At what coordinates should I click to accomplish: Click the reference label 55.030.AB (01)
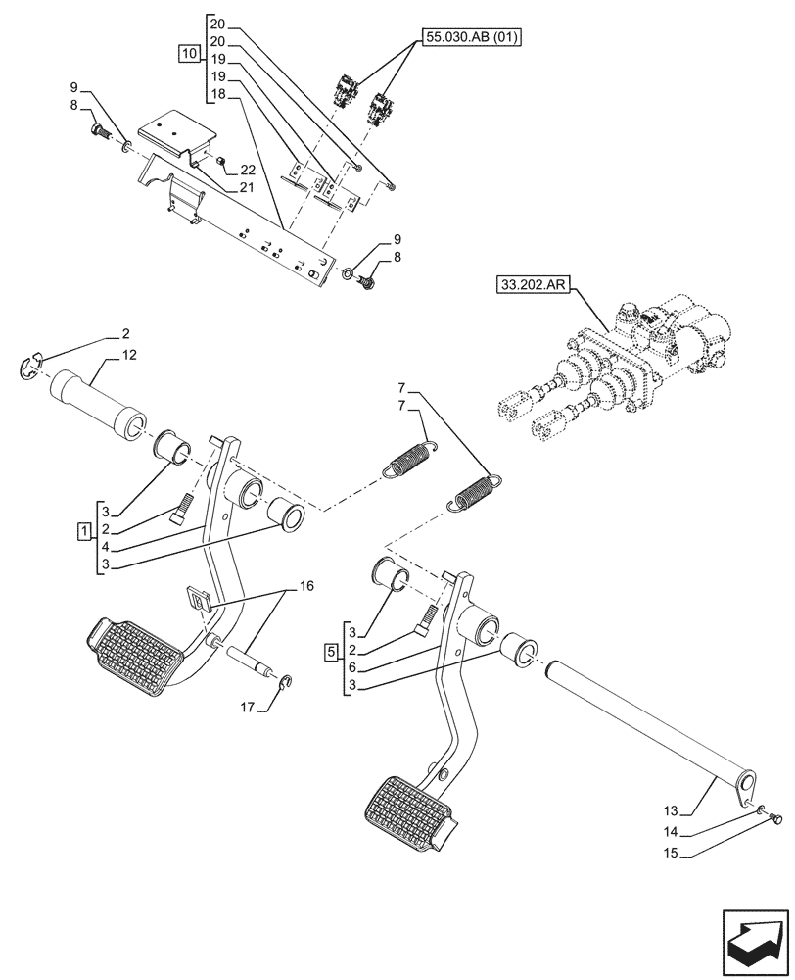pos(473,38)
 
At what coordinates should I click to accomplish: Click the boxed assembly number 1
pos(84,530)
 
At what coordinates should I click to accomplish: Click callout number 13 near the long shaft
pos(672,810)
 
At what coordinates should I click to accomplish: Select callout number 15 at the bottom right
pos(672,854)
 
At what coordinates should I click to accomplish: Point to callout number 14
pos(672,832)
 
